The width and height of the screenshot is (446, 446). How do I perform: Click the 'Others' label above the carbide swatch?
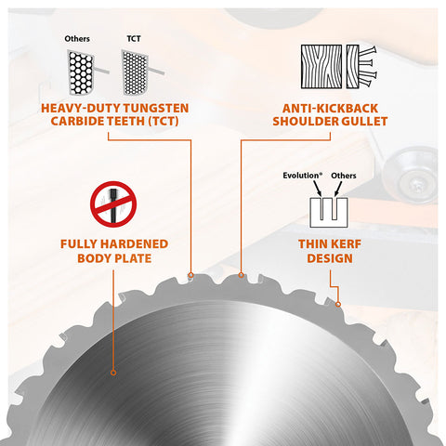77,39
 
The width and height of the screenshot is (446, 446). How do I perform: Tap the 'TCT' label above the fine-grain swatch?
134,39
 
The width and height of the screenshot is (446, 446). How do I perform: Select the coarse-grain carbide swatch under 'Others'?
81,72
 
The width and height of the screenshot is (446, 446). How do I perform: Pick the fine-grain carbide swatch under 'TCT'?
135,72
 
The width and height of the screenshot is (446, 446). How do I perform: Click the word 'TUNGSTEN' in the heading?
156,108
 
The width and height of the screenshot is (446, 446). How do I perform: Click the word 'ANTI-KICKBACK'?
330,108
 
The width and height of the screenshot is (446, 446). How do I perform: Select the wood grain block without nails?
321,67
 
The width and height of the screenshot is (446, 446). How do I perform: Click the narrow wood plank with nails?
353,67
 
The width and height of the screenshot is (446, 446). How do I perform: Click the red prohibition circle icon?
113,204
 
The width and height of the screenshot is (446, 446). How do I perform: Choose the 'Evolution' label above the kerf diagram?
302,176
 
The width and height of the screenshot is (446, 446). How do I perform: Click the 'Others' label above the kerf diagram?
344,176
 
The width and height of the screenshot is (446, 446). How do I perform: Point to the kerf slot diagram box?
329,213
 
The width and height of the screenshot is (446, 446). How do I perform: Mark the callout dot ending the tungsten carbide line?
191,275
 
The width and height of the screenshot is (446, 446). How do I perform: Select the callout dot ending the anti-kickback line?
241,275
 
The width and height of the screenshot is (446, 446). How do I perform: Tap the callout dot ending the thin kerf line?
338,305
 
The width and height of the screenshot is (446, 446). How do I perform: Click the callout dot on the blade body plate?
113,373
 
